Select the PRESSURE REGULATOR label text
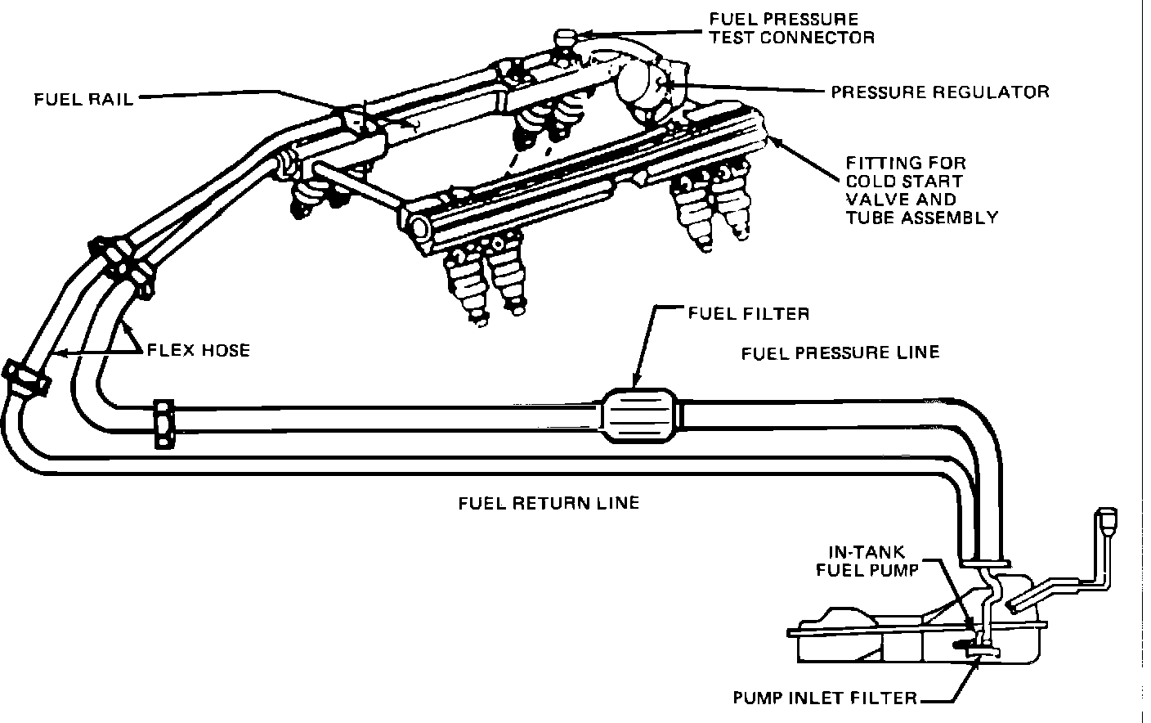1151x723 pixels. tap(939, 91)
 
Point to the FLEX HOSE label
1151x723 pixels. tap(198, 351)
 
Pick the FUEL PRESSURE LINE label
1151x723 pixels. tap(840, 353)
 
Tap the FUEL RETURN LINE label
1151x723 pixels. tap(548, 502)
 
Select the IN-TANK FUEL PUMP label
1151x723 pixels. tap(867, 560)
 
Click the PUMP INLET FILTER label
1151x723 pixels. tap(824, 698)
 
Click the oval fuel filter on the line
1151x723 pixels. tap(641, 417)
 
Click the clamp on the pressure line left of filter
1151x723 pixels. tap(164, 424)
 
